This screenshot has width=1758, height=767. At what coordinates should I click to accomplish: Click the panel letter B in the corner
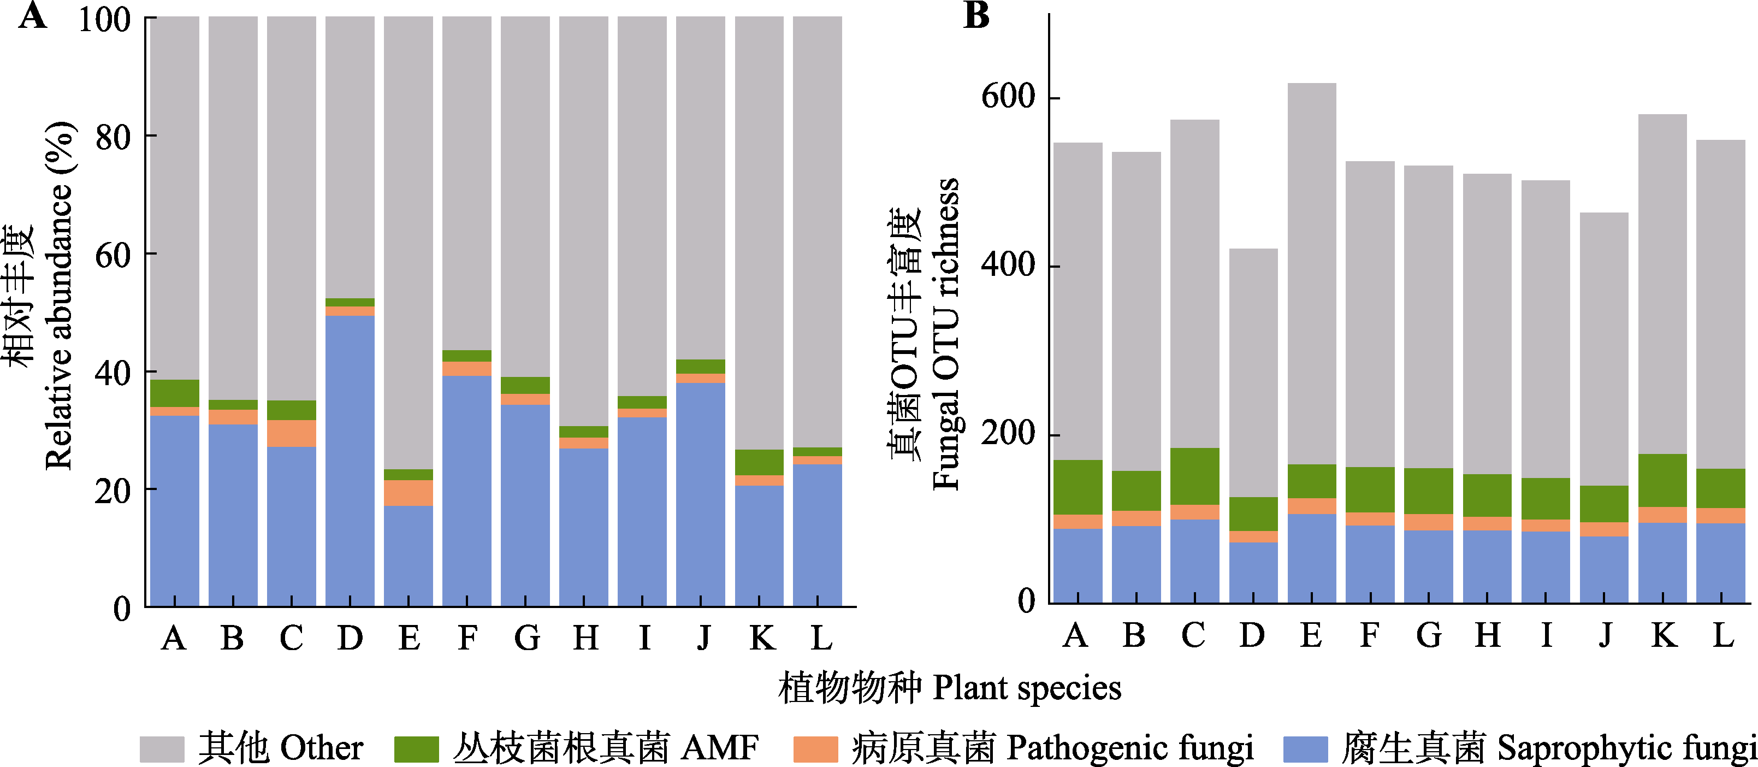coord(976,15)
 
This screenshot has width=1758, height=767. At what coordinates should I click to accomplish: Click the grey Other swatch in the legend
coord(162,748)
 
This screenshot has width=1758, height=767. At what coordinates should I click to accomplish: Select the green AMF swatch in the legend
coord(416,748)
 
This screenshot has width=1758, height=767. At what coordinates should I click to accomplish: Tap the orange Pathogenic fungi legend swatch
coord(815,748)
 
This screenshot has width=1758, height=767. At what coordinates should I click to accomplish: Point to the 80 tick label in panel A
coord(113,138)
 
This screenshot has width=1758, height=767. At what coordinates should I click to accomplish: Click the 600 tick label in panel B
coord(1008,96)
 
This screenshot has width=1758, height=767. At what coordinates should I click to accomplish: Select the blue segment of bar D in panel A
coord(350,461)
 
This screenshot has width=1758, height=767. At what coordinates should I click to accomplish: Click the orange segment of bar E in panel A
coord(408,493)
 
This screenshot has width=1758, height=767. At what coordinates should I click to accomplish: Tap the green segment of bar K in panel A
coord(759,462)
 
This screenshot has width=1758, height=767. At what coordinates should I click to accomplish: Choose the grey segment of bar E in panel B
coord(1312,273)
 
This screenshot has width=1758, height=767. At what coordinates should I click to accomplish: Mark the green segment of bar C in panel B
coord(1194,476)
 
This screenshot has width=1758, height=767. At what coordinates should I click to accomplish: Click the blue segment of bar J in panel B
coord(1604,570)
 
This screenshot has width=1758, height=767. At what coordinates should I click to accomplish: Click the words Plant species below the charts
coord(1026,688)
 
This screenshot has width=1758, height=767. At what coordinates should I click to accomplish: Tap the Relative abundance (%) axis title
coord(58,297)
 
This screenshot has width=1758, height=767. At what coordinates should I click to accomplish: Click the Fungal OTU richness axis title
coord(946,334)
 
